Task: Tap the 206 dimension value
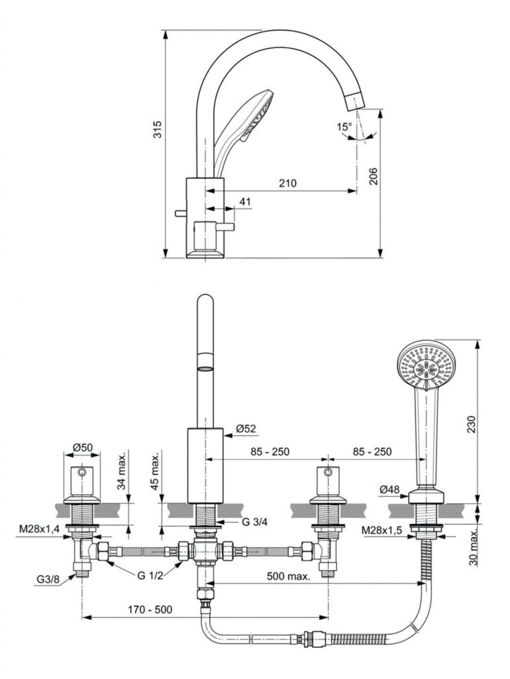pyautogui.click(x=373, y=175)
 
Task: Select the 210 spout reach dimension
pyautogui.click(x=287, y=183)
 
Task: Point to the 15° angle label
pyautogui.click(x=344, y=127)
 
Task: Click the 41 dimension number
pyautogui.click(x=245, y=202)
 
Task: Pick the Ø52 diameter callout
pyautogui.click(x=246, y=429)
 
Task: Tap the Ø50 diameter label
pyautogui.click(x=82, y=447)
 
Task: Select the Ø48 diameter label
pyautogui.click(x=389, y=490)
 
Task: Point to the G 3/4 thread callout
pyautogui.click(x=254, y=522)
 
